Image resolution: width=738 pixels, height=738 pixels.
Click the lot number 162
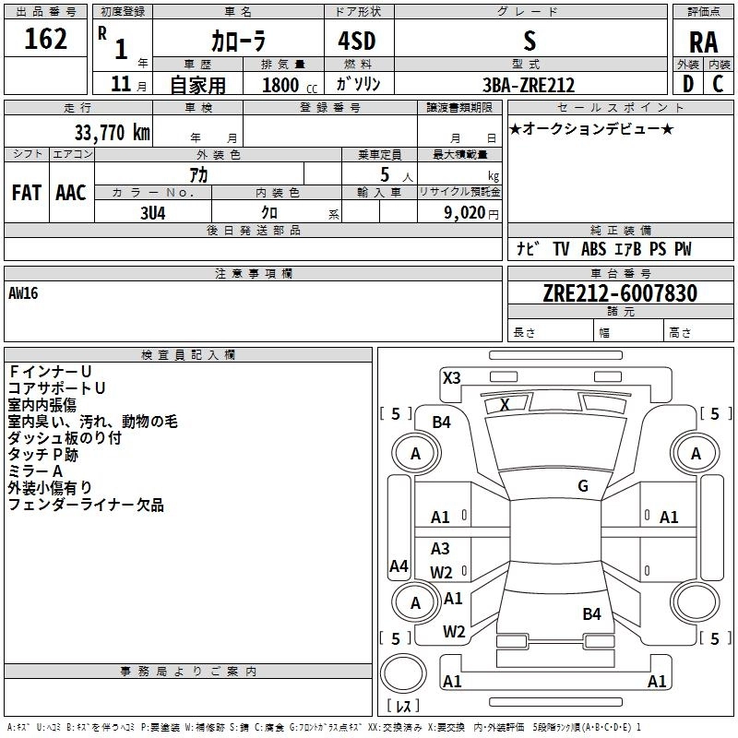pos(45,39)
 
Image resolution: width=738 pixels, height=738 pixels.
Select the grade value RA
pos(703,42)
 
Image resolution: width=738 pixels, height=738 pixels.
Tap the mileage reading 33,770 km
pos(112,133)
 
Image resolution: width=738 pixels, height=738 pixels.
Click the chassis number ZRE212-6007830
pos(620,293)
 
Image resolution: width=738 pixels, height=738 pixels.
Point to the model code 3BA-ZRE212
pos(529,85)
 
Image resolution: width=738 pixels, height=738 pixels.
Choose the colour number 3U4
pos(152,213)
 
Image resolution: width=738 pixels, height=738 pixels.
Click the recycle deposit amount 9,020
pos(464,213)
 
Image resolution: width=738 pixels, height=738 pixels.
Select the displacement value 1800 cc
pos(290,85)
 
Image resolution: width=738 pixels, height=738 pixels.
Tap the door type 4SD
pos(357,41)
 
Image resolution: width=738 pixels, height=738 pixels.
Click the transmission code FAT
pos(27,193)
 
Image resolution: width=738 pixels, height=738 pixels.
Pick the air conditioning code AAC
pos(71,193)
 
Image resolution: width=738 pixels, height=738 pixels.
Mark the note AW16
pos(23,293)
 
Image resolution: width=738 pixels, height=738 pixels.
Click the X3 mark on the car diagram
pos(451,378)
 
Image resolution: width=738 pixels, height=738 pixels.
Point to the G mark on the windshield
pos(583,486)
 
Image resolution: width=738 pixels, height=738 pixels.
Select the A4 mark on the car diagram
pos(399,565)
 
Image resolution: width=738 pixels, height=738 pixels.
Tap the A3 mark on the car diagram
pos(440,548)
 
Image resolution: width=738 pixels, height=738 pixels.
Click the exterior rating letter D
pos(688,84)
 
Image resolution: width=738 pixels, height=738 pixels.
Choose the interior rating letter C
pos(718,84)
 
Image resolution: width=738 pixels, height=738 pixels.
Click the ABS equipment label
pos(593,249)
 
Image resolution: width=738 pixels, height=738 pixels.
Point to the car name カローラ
pos(238,41)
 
